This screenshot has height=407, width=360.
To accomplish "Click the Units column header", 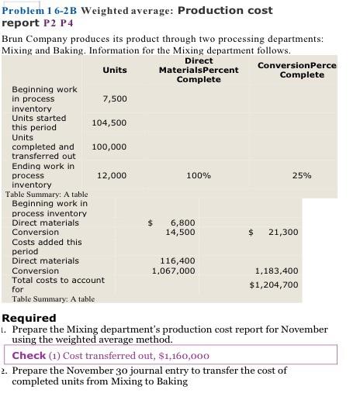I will (x=115, y=70).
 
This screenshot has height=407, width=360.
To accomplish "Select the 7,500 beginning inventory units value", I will (x=114, y=99).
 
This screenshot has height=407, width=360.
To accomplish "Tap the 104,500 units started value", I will (x=109, y=123).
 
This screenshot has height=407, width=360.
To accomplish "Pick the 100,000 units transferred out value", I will (x=109, y=147).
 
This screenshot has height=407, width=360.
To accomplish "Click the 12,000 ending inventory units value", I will (x=112, y=176).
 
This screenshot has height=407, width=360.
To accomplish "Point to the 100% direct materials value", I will (x=199, y=176).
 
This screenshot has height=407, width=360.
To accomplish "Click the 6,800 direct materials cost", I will (x=182, y=222).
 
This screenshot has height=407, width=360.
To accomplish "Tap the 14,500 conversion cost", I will (x=180, y=232).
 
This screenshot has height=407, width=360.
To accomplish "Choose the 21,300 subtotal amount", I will (x=282, y=232).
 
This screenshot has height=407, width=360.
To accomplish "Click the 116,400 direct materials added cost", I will (x=177, y=261).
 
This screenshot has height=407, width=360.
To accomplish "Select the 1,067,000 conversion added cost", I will (x=173, y=271).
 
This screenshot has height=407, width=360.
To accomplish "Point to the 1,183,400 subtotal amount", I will (x=276, y=271).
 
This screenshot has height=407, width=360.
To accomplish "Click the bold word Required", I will (x=29, y=318).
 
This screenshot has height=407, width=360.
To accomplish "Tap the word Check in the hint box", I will (x=29, y=356).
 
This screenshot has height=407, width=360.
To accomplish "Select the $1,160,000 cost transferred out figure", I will (x=183, y=357).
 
